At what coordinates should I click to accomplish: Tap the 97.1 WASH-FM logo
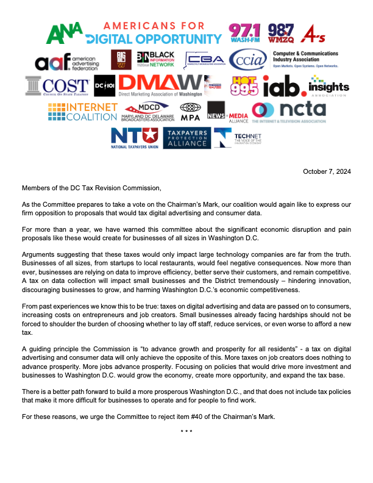246,34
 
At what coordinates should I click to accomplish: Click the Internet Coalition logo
91,112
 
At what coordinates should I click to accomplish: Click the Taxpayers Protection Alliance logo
178,138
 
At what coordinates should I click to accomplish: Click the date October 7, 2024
327,171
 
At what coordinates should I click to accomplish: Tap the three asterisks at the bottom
187,432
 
